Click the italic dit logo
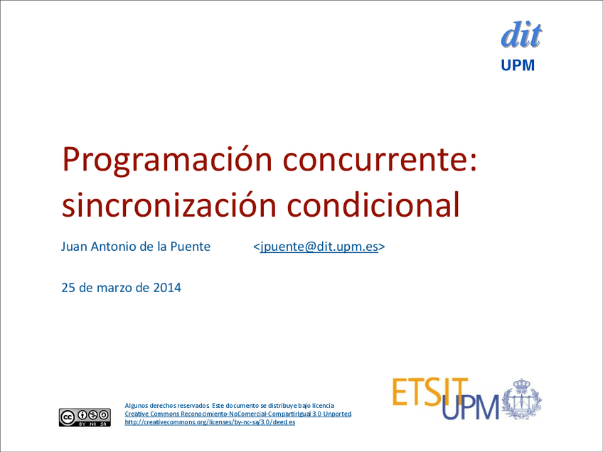pos(521,35)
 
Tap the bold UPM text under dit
pos(518,65)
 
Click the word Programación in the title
pos(167,160)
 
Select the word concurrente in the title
pos(380,160)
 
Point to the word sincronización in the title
pos(169,205)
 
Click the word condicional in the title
pos(373,204)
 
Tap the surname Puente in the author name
pos(191,247)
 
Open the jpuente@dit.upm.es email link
pos(319,247)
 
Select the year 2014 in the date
pos(167,288)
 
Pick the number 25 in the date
pos(68,288)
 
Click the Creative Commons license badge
pos(85,417)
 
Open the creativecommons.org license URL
pos(210,422)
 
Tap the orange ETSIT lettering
pos(430,392)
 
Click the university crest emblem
pos(522,399)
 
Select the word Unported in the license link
pos(337,414)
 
